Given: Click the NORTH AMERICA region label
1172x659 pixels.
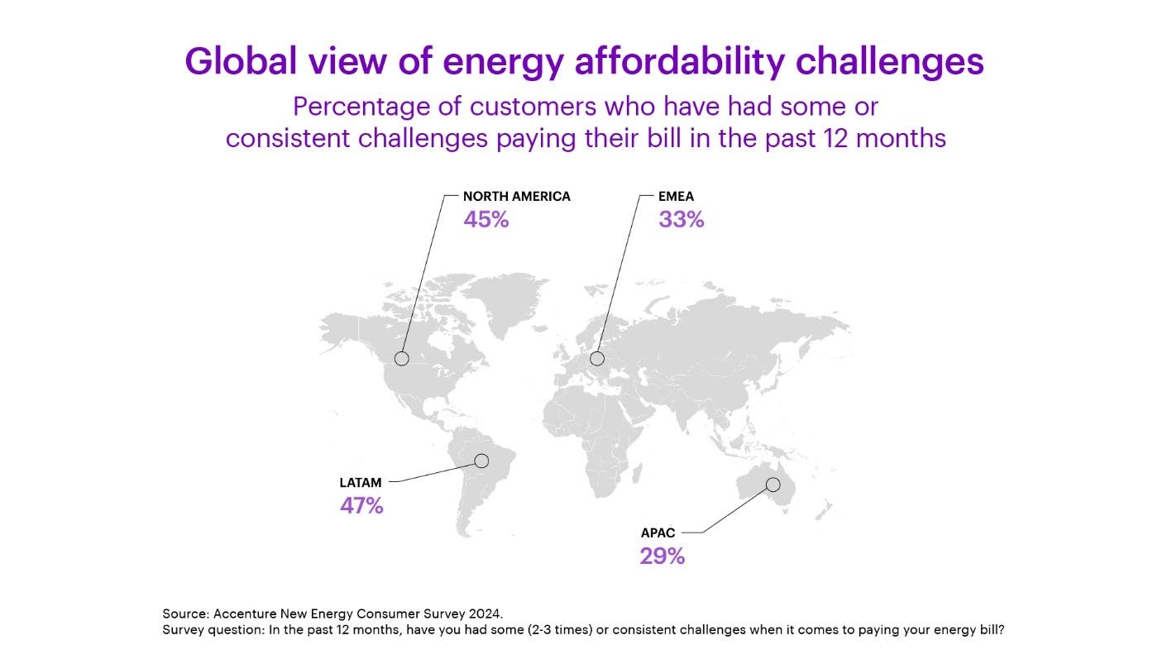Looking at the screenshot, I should tap(516, 197).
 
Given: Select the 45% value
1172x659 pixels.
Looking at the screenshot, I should tap(486, 220).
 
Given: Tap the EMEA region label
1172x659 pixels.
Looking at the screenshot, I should tap(676, 197).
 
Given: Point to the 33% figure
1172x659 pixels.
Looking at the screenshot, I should tap(681, 220).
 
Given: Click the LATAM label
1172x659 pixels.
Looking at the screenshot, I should tap(361, 482).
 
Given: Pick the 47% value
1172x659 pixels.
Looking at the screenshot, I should tap(361, 506).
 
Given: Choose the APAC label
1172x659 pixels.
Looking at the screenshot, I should tap(658, 532).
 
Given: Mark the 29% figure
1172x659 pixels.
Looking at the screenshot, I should tap(662, 556).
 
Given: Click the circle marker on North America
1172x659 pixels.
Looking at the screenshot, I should tap(402, 358).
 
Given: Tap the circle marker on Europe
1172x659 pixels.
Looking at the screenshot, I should tap(597, 358).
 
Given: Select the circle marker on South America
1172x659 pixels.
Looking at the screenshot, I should tap(481, 461).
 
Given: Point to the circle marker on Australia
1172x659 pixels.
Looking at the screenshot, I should tap(773, 485).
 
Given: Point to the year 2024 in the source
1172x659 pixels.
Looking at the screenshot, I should tap(485, 614).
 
